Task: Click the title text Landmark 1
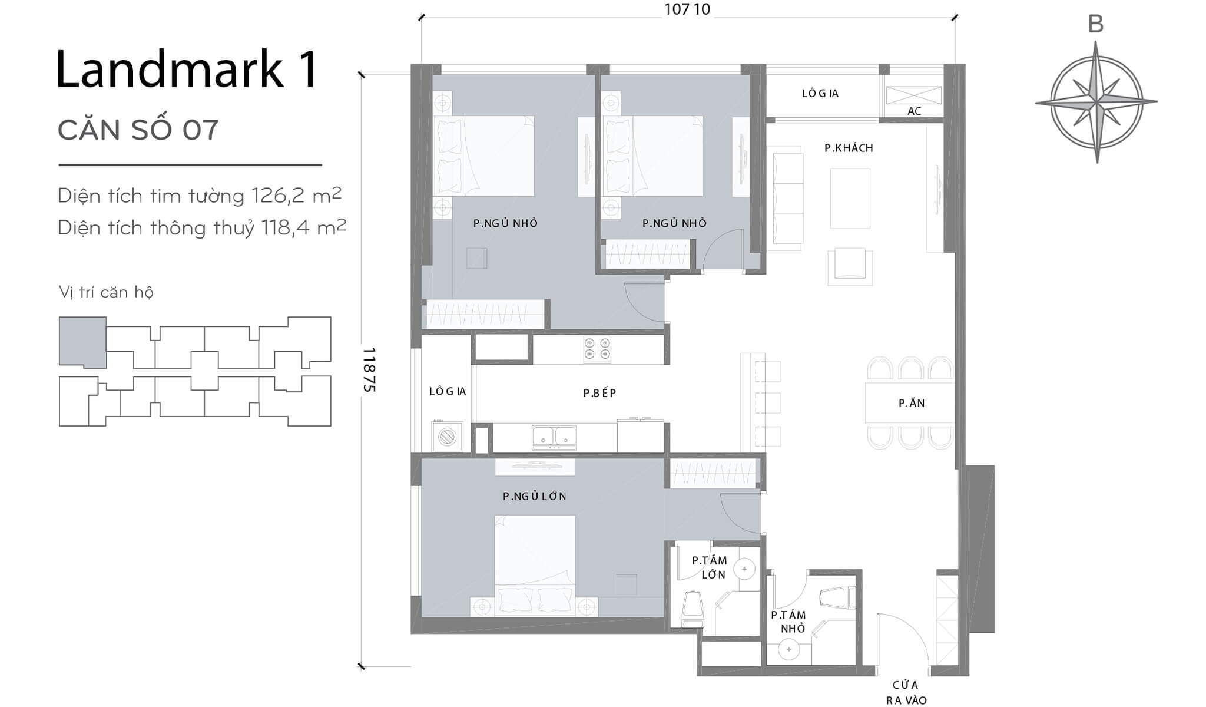click(x=187, y=70)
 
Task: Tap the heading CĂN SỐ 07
click(x=138, y=130)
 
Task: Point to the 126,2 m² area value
click(x=296, y=195)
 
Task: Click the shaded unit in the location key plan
click(x=82, y=342)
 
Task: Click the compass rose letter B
click(x=1095, y=25)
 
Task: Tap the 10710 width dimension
click(x=687, y=9)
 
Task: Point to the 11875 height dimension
click(x=369, y=370)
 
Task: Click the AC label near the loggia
click(x=914, y=111)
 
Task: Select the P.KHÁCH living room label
click(x=848, y=148)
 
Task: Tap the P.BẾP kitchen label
click(x=599, y=393)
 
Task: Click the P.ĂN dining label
click(x=911, y=404)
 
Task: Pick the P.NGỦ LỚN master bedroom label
click(x=534, y=497)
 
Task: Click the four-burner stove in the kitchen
click(x=597, y=349)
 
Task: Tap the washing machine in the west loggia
click(x=448, y=437)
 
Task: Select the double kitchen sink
click(x=554, y=437)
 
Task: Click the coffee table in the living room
click(x=850, y=199)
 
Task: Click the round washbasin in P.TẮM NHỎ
click(x=788, y=650)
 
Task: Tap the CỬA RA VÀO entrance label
click(x=906, y=692)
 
